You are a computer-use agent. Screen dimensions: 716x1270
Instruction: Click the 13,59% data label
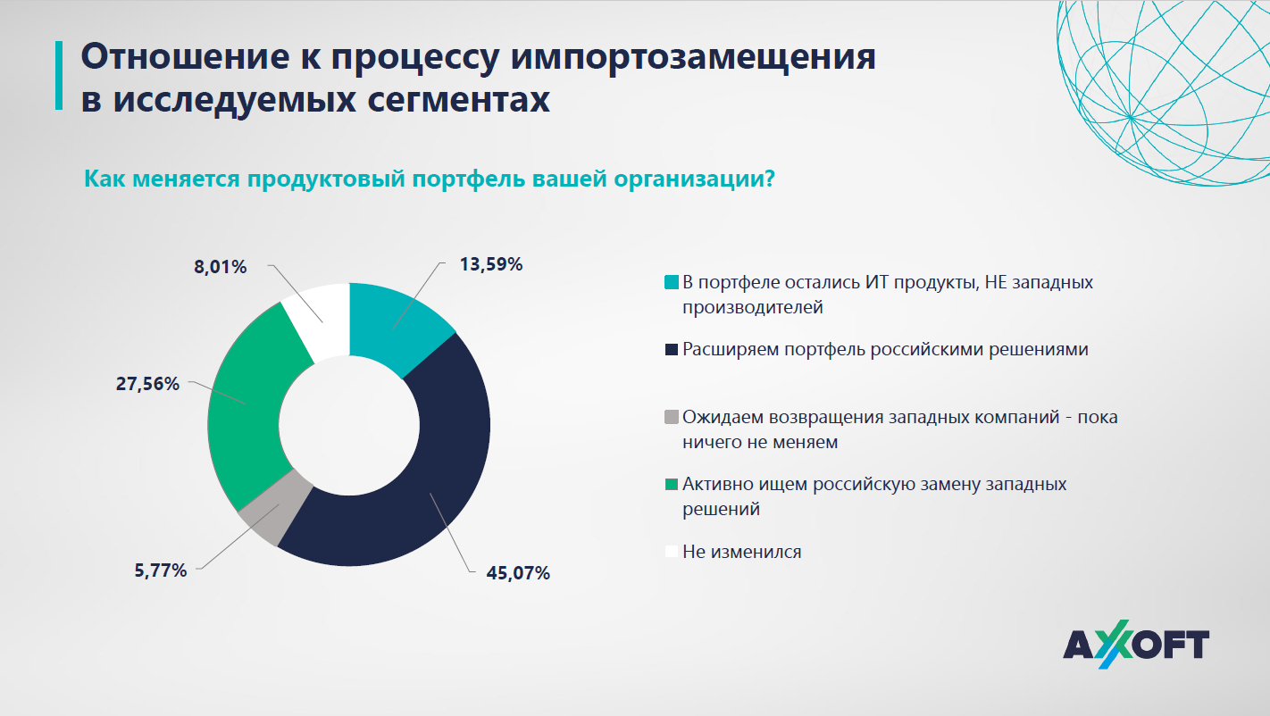[x=490, y=264]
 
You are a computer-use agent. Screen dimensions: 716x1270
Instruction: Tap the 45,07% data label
[x=517, y=573]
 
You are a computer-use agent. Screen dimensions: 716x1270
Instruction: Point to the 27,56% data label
[x=147, y=384]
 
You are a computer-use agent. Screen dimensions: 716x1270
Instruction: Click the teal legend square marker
[x=672, y=283]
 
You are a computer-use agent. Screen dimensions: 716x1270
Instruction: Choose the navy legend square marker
[x=672, y=350]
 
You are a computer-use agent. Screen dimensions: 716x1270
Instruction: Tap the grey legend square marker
[x=672, y=417]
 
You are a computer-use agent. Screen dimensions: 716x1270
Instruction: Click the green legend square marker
[x=672, y=485]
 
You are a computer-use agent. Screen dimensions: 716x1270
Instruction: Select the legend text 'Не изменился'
[x=741, y=552]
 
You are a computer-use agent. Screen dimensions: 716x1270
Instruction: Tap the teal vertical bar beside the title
[x=59, y=76]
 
